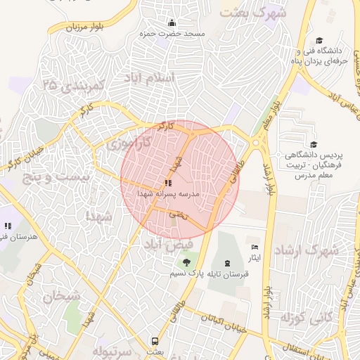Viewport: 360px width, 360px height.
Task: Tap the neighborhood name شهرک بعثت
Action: (x=253, y=13)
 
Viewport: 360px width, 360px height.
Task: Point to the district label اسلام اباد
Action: (x=148, y=77)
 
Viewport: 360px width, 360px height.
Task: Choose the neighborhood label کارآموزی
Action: (x=131, y=143)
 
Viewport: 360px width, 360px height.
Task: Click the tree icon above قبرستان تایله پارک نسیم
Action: (x=184, y=262)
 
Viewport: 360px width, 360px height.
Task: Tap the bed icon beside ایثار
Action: (x=255, y=247)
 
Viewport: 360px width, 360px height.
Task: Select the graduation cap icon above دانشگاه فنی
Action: (x=319, y=41)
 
